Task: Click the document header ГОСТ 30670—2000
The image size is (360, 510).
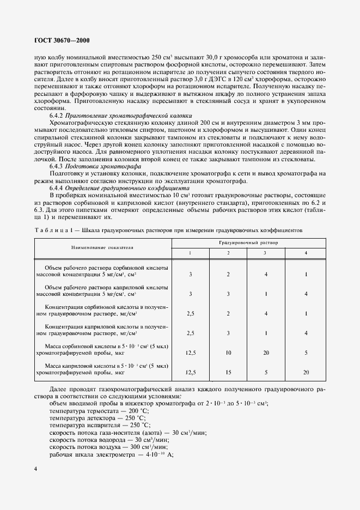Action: click(x=59, y=41)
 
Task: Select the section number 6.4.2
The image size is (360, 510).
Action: click(x=59, y=116)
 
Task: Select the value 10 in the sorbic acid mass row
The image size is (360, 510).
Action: click(x=228, y=353)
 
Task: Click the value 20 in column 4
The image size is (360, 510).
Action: click(x=307, y=372)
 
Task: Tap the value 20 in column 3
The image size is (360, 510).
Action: click(x=265, y=353)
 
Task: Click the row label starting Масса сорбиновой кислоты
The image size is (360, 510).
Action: click(x=102, y=350)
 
